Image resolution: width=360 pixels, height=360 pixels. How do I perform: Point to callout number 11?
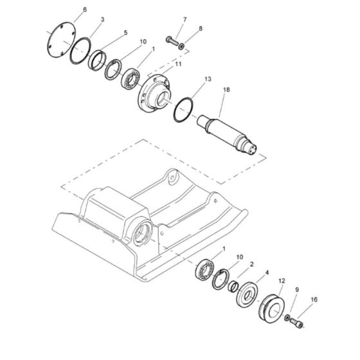tap(179, 64)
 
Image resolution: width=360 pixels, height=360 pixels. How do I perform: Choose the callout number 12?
tap(282, 281)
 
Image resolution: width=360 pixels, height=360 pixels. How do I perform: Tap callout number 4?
tap(267, 272)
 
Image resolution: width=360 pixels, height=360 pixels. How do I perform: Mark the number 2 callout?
tap(252, 264)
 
